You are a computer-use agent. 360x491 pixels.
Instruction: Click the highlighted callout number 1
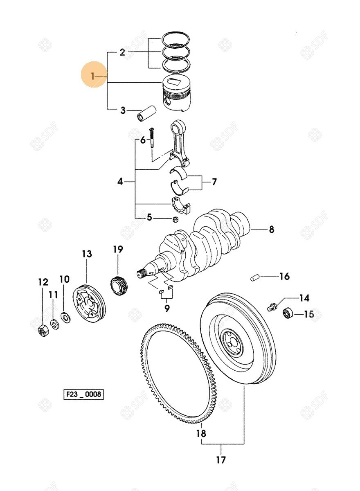tap(93, 76)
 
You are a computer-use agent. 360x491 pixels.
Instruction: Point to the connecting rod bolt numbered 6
tap(151, 137)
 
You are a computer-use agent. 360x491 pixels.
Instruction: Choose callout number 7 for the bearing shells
tap(214, 182)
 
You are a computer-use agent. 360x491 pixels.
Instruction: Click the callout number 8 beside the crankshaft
tap(271, 230)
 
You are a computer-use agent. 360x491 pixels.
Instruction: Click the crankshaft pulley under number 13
tap(89, 304)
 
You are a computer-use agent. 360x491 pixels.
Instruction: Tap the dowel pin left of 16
tap(254, 278)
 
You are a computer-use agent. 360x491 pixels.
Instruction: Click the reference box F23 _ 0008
tap(83, 395)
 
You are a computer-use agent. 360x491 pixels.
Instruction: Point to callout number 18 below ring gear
tap(201, 433)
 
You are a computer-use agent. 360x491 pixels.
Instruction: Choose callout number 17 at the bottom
tap(221, 460)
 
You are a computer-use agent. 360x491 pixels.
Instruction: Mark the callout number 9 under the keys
tap(166, 308)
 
